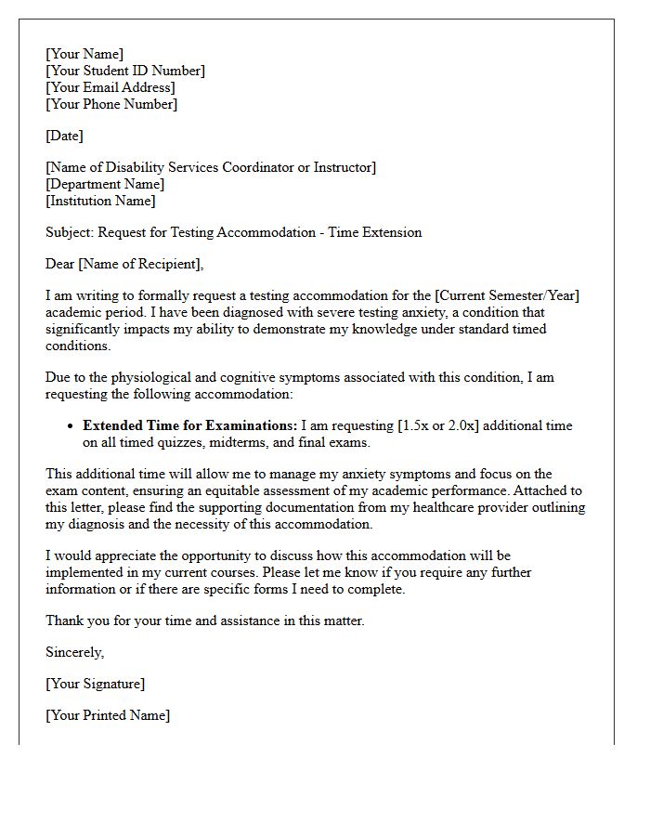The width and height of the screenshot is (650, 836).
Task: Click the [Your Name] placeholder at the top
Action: click(84, 54)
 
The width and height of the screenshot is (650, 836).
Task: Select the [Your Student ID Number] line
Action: click(125, 71)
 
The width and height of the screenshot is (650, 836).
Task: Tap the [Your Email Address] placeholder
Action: click(110, 87)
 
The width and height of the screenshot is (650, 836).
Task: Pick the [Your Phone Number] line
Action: click(111, 104)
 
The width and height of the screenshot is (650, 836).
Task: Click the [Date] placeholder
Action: click(64, 136)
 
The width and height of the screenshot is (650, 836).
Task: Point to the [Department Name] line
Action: click(105, 184)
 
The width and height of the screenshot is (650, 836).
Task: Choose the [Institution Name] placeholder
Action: click(100, 201)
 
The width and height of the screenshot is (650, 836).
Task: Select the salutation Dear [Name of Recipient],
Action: click(124, 264)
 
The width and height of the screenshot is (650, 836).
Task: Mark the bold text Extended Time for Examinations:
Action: click(190, 425)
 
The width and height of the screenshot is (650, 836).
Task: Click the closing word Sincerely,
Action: click(75, 652)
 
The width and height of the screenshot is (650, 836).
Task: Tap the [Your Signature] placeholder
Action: click(95, 684)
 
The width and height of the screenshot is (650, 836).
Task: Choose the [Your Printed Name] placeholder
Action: click(108, 715)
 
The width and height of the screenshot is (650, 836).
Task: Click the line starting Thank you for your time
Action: click(205, 620)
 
